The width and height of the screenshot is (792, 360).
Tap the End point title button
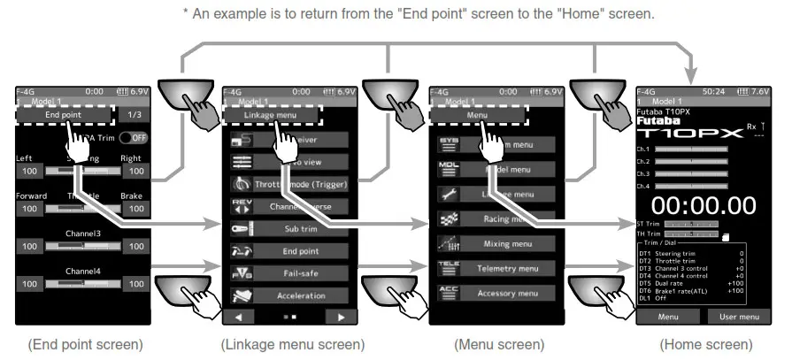click(x=63, y=115)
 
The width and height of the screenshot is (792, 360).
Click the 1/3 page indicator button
click(x=134, y=115)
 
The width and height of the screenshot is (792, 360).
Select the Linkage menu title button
click(x=272, y=115)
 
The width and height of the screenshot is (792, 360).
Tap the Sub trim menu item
click(x=301, y=228)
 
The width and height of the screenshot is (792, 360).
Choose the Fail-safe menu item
click(x=301, y=273)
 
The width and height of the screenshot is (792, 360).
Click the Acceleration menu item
click(x=301, y=295)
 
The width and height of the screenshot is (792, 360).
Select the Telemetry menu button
click(x=507, y=268)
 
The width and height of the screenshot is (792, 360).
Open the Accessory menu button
click(x=507, y=293)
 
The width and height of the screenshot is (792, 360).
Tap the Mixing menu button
click(x=507, y=242)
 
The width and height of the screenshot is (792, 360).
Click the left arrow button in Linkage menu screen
click(x=238, y=316)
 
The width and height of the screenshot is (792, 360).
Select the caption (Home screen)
click(x=706, y=344)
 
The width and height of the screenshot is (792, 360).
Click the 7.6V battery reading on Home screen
click(x=760, y=91)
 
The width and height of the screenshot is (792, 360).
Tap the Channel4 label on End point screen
click(x=81, y=272)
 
